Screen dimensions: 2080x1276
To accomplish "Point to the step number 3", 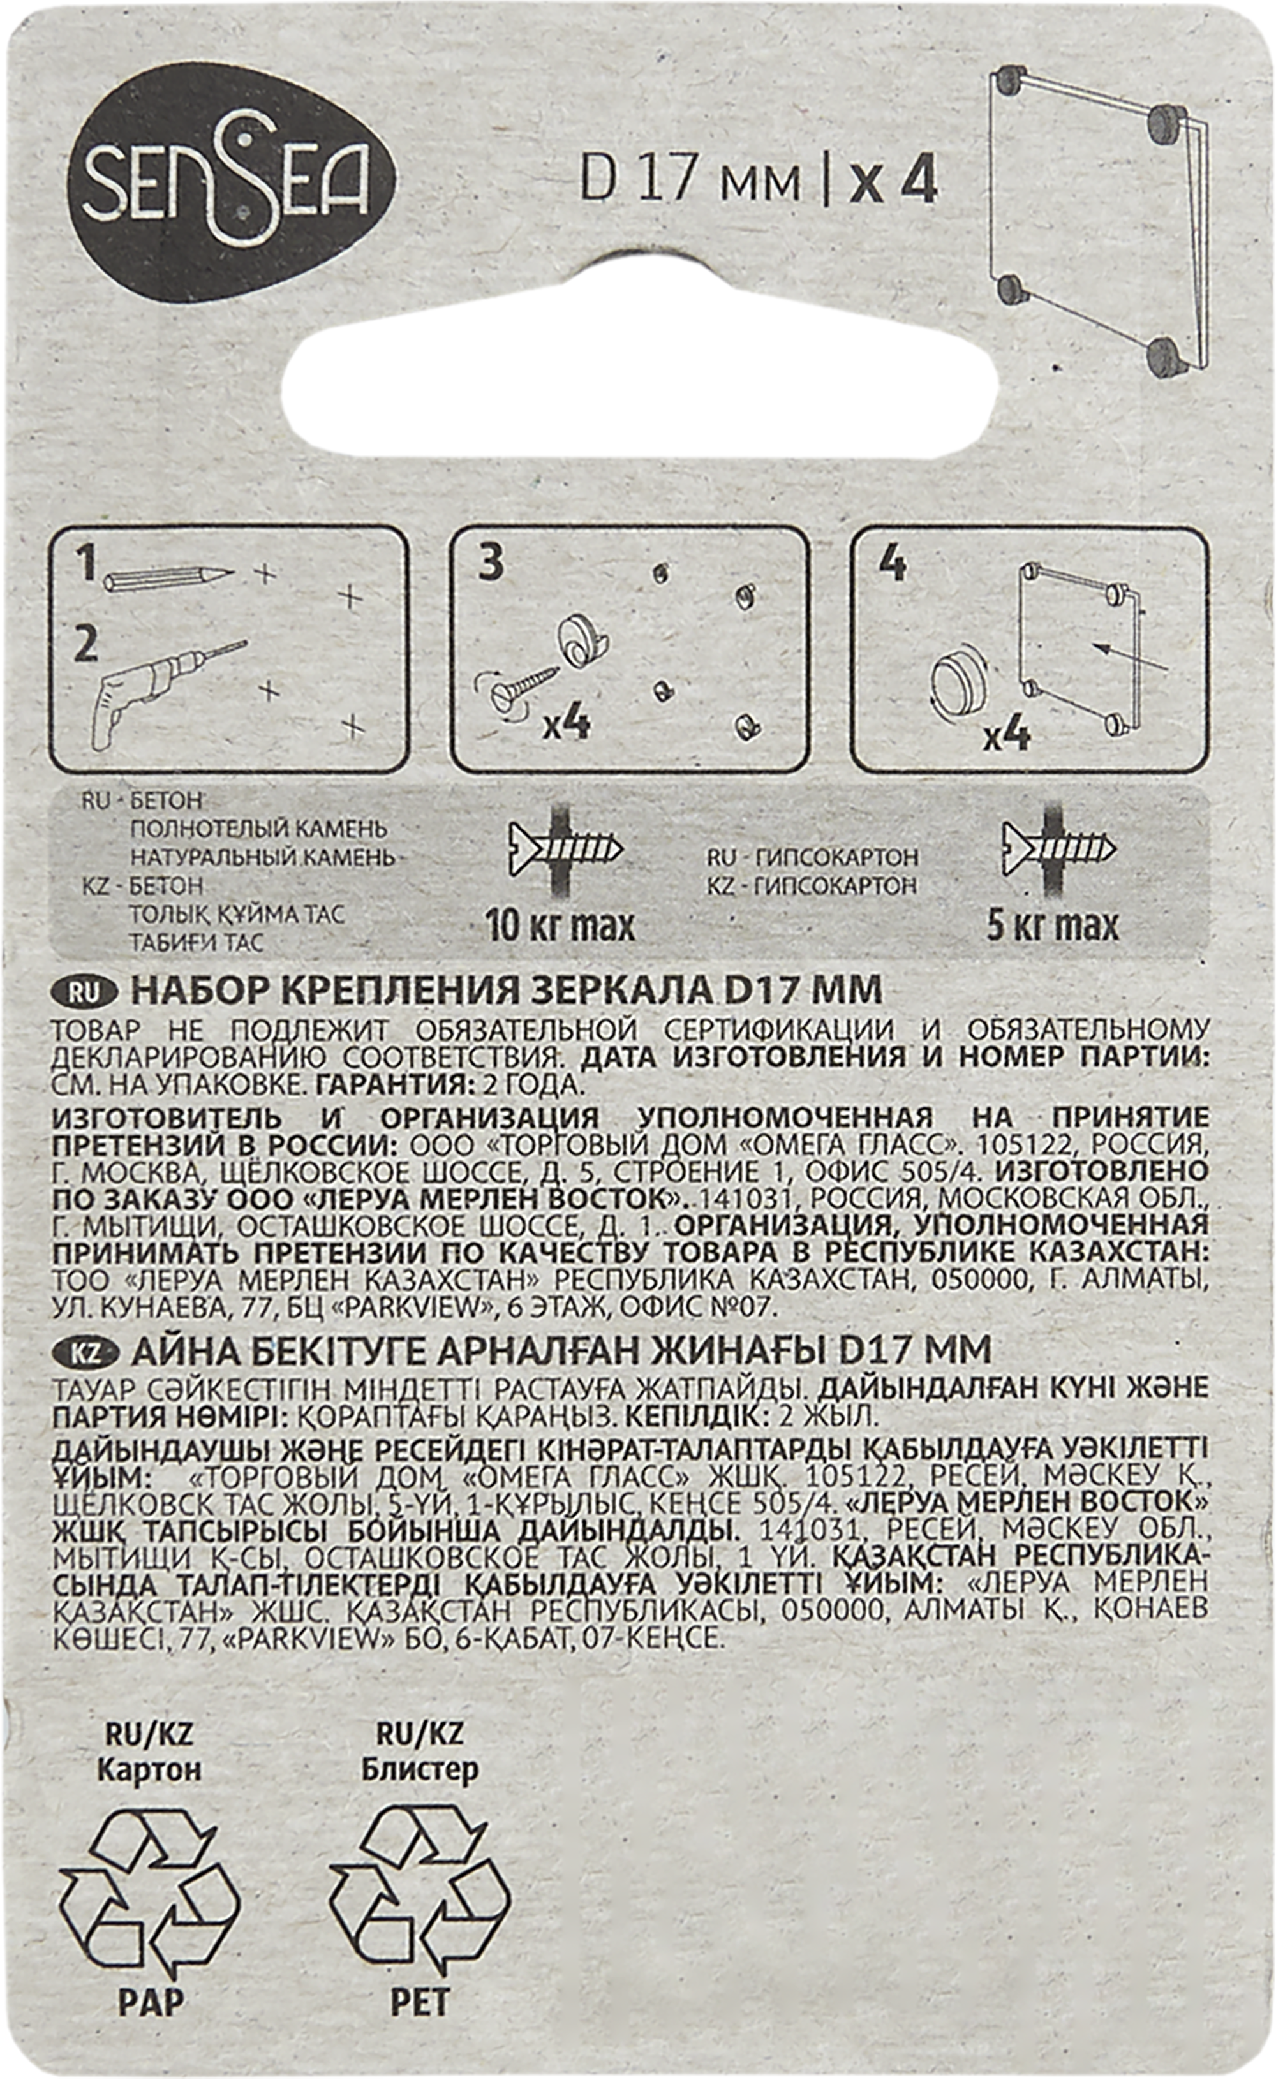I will coord(491,564).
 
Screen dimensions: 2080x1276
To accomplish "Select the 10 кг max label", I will coord(559,926).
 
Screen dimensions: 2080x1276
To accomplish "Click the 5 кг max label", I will coord(1051,926).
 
